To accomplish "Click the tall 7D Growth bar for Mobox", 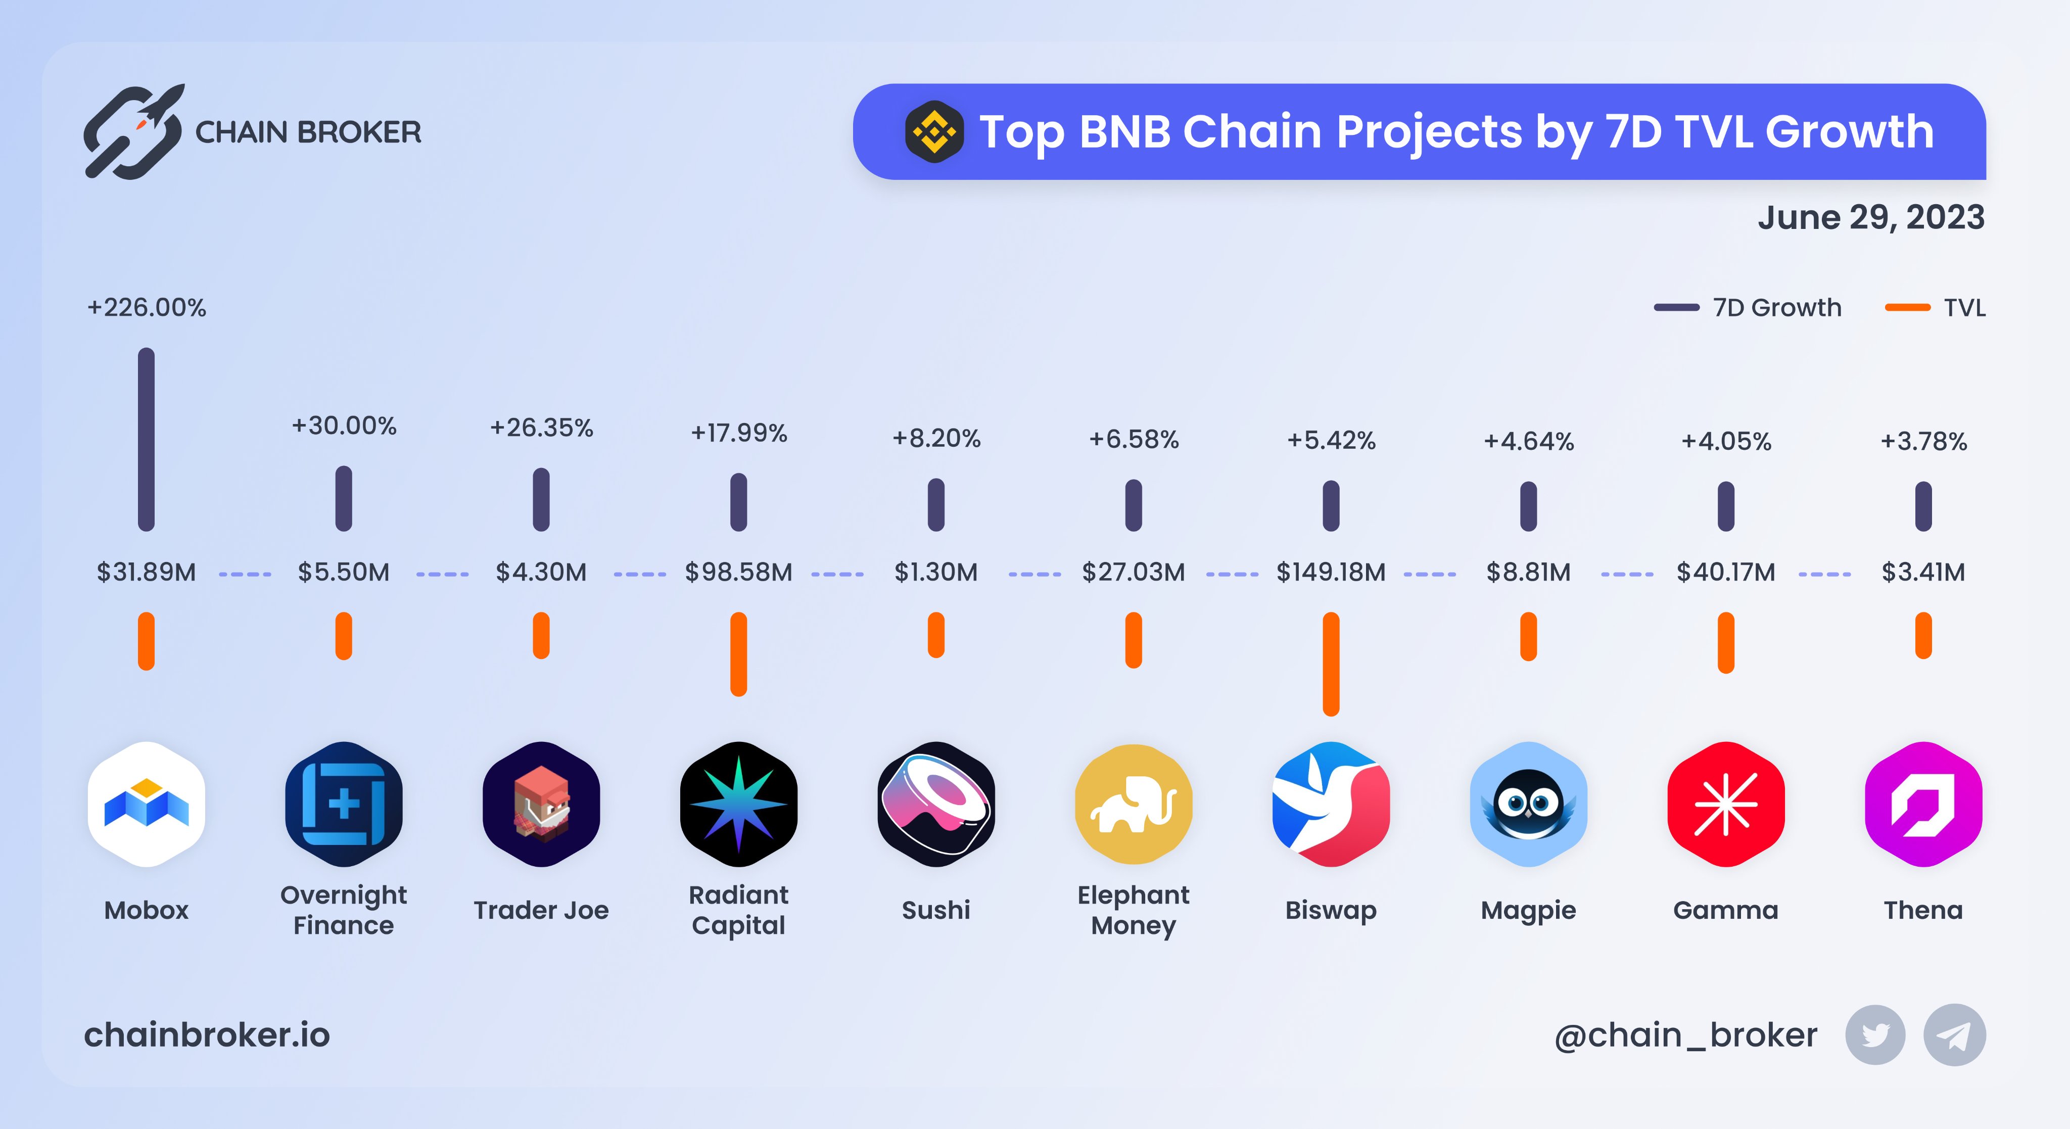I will (146, 440).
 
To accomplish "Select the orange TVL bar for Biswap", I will (1331, 664).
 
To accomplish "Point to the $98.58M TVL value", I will (738, 572).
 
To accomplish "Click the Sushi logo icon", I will (936, 804).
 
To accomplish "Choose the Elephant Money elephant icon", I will (1133, 804).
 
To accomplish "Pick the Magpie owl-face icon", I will (1528, 804).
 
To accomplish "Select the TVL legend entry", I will (1937, 308).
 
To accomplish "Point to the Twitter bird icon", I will (1875, 1035).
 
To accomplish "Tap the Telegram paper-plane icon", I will (1954, 1035).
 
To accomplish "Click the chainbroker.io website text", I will (207, 1035).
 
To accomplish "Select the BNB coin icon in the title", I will (934, 132).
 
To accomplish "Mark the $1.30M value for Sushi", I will (936, 572).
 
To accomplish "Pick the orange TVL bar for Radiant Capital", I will (738, 654).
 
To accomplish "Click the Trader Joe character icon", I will (541, 804).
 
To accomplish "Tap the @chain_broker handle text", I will (1685, 1035).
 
